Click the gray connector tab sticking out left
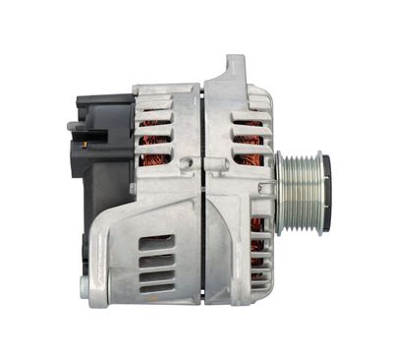76,126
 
